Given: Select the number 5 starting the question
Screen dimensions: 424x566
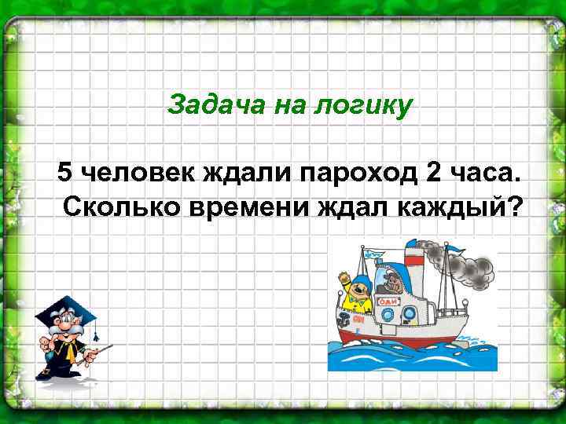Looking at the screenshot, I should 64,170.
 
